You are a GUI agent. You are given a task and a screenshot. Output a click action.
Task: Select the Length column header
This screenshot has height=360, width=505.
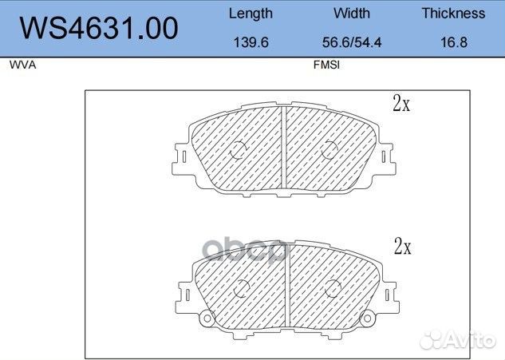[250, 14]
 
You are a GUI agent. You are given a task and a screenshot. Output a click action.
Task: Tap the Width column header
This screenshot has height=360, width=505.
[352, 14]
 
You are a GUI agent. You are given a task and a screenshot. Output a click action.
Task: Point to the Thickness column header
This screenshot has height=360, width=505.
[453, 14]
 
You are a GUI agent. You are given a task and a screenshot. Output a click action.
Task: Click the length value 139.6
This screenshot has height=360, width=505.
[250, 42]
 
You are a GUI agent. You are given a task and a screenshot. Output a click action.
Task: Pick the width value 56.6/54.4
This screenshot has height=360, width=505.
[352, 42]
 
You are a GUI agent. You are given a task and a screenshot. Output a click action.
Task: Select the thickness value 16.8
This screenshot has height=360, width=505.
[453, 42]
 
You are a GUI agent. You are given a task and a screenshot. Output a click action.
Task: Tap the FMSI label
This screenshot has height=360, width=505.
[327, 66]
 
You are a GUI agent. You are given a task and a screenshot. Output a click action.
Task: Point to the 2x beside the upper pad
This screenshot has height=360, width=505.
[400, 103]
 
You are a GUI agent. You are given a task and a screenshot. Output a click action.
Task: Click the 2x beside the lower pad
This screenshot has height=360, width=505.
[401, 247]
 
